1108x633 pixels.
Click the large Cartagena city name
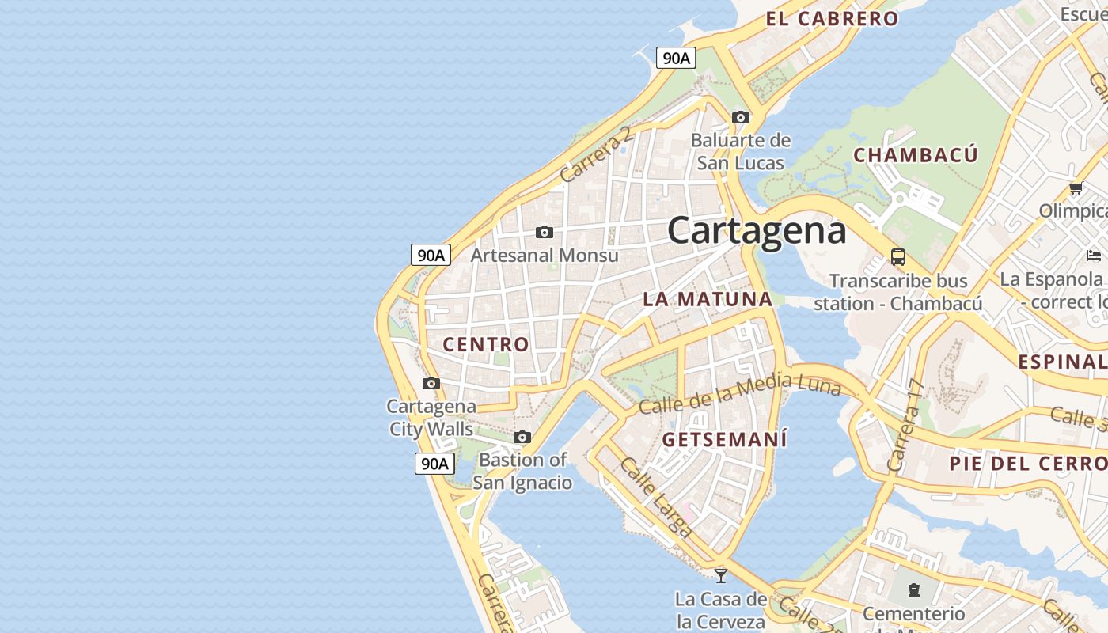point(757,231)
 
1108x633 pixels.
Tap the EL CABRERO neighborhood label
point(832,19)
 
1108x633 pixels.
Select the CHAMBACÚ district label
point(915,155)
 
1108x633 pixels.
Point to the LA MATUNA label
point(708,299)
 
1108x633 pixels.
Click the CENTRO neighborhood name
point(485,344)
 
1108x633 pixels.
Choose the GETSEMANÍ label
point(725,439)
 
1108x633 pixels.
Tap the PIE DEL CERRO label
point(1027,464)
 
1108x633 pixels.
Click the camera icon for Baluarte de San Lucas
point(741,118)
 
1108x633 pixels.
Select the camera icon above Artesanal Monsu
point(545,232)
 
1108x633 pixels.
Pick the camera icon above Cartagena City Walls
point(431,384)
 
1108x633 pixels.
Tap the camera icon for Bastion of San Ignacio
point(522,437)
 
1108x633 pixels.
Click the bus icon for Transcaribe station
point(898,256)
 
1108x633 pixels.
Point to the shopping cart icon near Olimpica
point(1076,188)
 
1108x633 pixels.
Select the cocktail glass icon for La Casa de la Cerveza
point(720,575)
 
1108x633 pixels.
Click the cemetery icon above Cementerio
point(914,589)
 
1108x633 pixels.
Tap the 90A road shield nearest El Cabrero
point(676,58)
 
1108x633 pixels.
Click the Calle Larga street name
point(656,497)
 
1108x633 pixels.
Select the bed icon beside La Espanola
point(1094,256)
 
